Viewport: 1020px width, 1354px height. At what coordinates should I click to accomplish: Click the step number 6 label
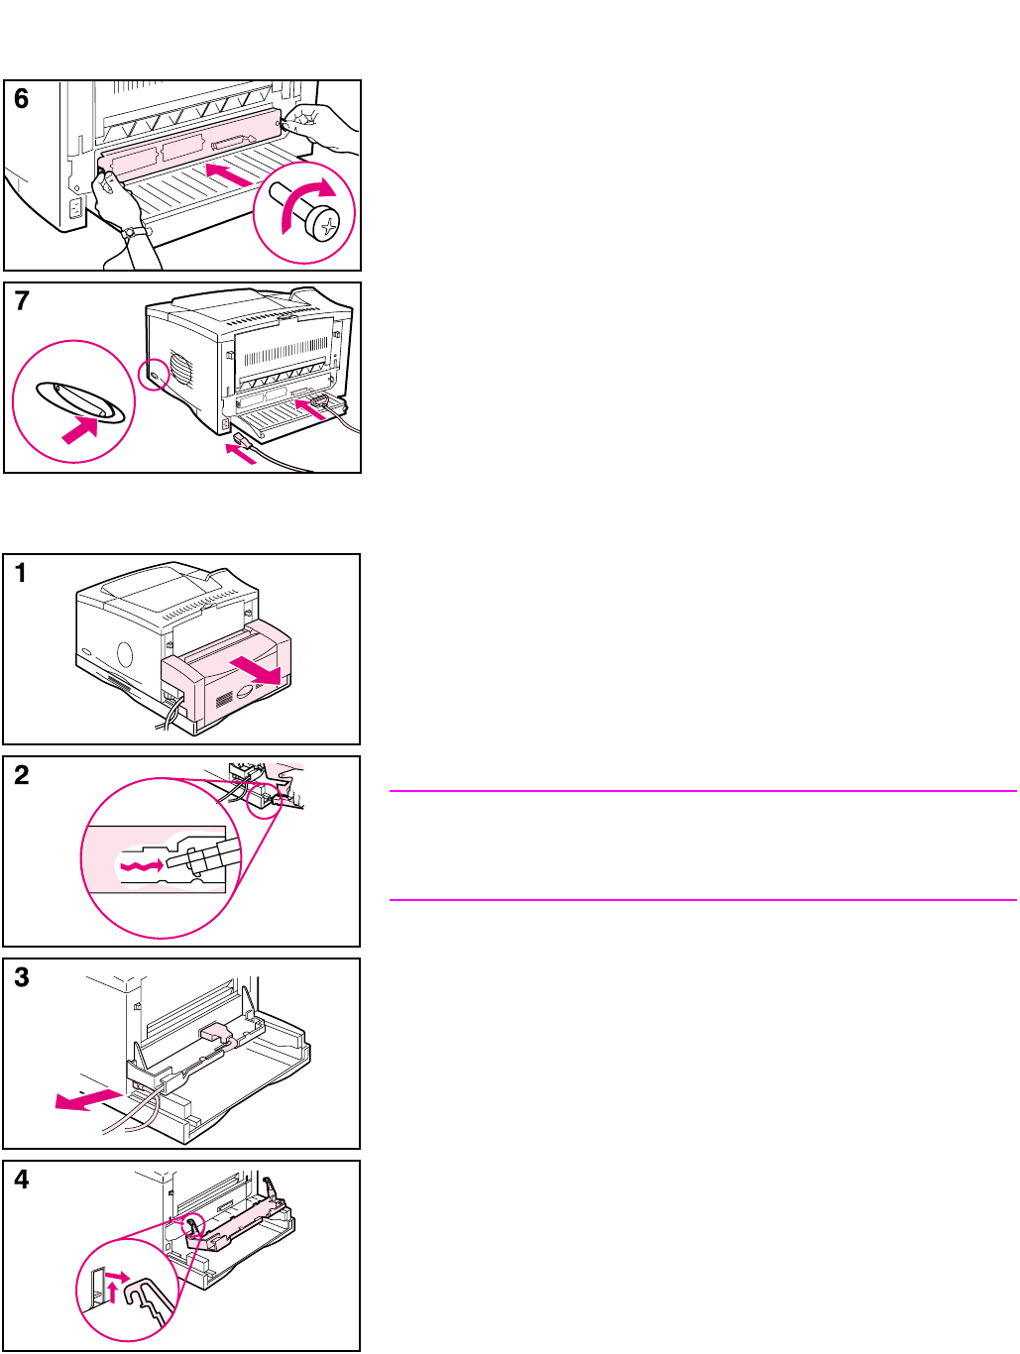coord(21,99)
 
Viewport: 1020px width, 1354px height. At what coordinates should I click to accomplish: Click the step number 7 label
coord(21,301)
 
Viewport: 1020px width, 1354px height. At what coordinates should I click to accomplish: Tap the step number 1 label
coord(21,573)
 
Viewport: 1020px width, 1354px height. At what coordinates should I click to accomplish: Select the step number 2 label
coord(21,775)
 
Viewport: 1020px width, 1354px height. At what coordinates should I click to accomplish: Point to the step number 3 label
coord(21,977)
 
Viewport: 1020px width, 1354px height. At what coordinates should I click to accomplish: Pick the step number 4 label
coord(21,1180)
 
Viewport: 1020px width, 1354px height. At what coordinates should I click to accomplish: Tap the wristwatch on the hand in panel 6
coord(130,233)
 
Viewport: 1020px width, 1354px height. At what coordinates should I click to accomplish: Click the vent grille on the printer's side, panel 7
coord(180,369)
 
